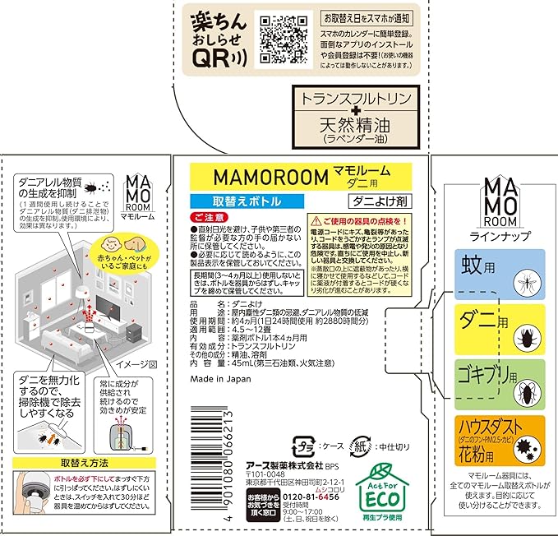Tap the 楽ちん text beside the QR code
pos(213,21)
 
